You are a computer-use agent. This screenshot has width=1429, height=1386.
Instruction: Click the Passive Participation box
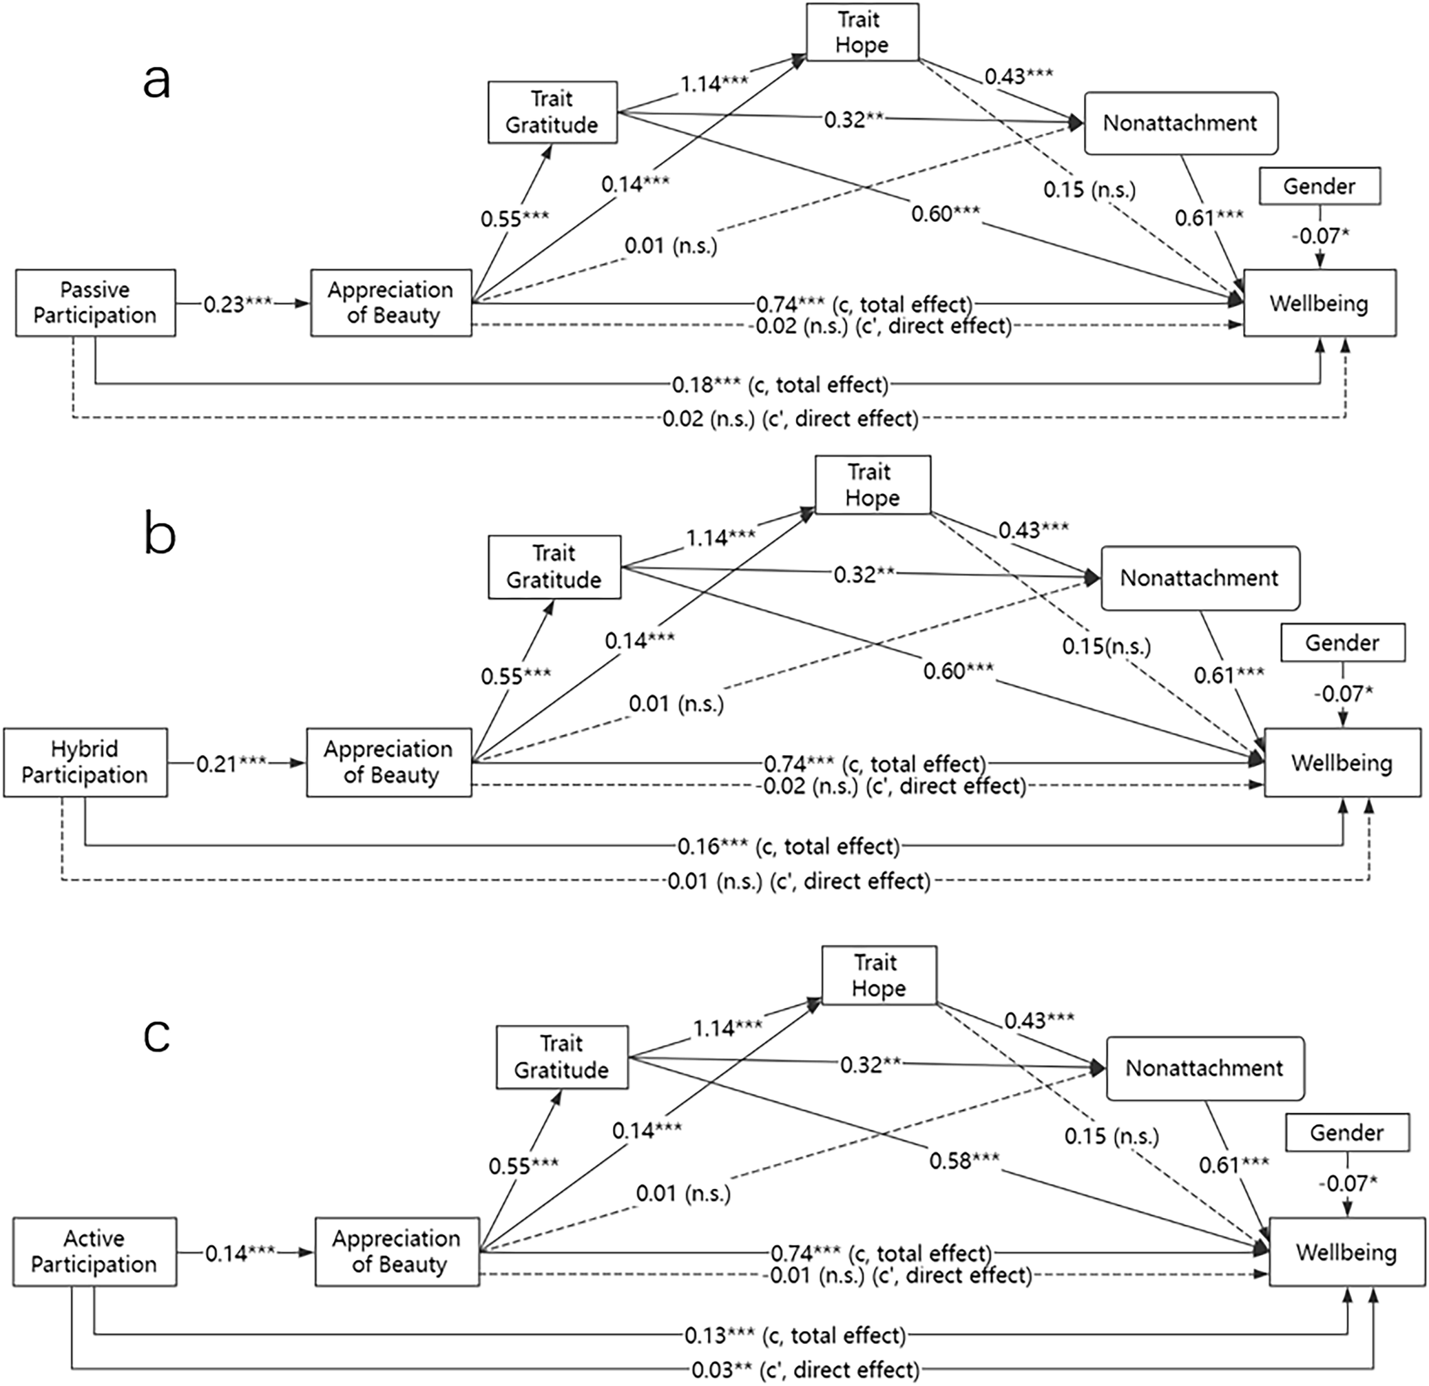point(96,302)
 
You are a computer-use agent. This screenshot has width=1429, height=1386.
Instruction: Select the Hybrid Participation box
point(85,763)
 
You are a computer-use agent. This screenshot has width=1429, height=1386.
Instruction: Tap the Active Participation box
point(95,1252)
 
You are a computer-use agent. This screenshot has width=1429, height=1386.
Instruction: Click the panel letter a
point(157,80)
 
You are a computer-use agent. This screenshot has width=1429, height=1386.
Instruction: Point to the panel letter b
point(160,534)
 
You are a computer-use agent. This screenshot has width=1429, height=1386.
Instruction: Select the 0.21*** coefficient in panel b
point(231,764)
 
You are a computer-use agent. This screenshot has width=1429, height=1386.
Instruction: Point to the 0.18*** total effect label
point(780,384)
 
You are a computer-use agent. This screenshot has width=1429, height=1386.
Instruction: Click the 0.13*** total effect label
point(795,1336)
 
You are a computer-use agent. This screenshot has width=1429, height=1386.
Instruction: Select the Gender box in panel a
point(1319,186)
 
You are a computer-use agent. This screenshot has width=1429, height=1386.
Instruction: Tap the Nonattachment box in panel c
point(1204,1068)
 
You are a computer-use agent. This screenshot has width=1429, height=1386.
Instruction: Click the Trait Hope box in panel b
point(872,485)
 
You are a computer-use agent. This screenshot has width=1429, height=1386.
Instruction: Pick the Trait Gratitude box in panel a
point(552,112)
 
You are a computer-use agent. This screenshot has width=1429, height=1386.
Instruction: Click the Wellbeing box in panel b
point(1342,763)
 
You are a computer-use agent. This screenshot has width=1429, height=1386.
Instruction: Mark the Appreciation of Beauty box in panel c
point(397,1252)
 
